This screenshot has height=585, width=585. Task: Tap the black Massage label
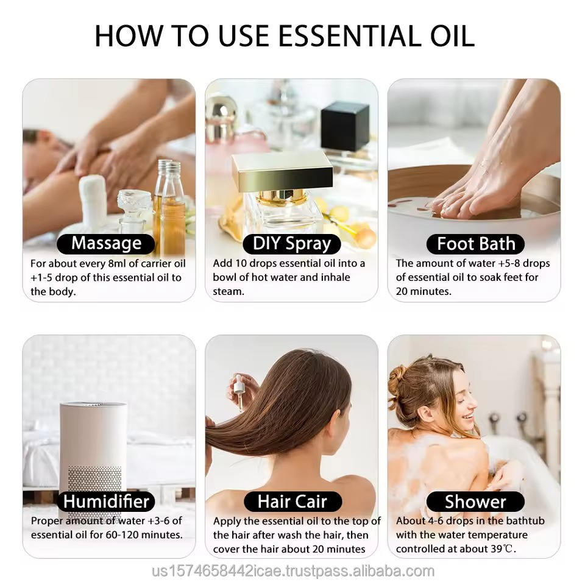pyautogui.click(x=106, y=244)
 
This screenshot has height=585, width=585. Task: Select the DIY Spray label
pyautogui.click(x=292, y=244)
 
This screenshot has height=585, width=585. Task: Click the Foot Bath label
pyautogui.click(x=476, y=244)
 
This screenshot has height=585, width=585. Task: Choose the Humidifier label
pyautogui.click(x=106, y=502)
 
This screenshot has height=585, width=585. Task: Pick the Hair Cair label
pyautogui.click(x=292, y=502)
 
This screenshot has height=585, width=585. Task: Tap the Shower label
pyautogui.click(x=476, y=502)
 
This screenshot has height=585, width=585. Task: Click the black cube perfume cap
pyautogui.click(x=345, y=126)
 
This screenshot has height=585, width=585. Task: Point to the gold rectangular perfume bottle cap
pyautogui.click(x=282, y=171)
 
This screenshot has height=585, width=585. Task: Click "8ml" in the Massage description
pyautogui.click(x=117, y=263)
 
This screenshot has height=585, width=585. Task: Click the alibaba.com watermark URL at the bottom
pyautogui.click(x=293, y=571)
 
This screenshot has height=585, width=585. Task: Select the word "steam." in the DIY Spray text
pyautogui.click(x=229, y=291)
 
